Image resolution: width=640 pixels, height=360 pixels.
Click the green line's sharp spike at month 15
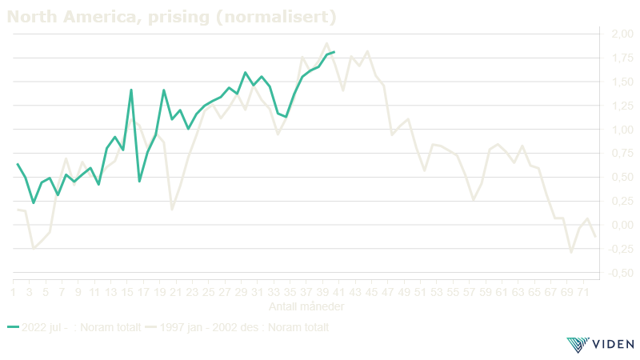tap(131, 90)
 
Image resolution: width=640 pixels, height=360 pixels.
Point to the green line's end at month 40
tap(335, 52)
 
